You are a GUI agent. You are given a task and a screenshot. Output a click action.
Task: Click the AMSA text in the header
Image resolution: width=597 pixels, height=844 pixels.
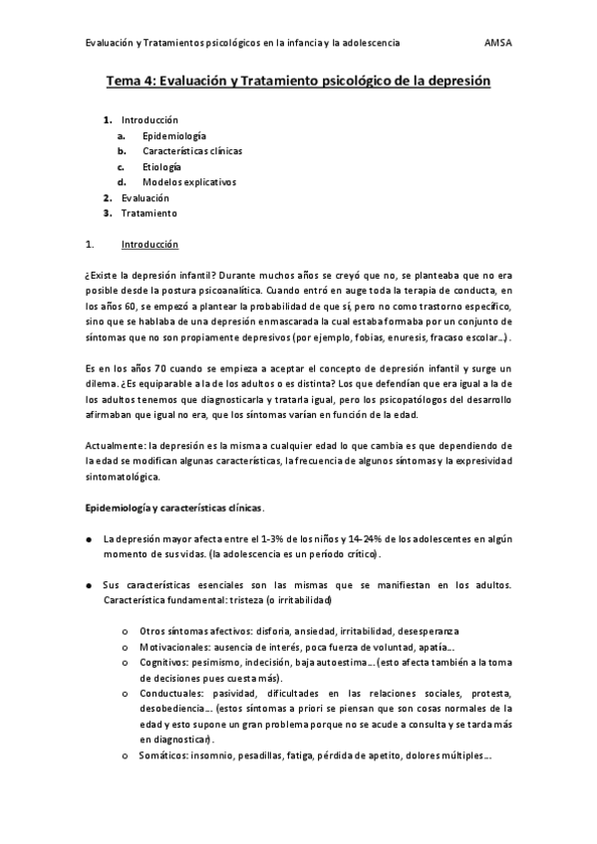(x=497, y=44)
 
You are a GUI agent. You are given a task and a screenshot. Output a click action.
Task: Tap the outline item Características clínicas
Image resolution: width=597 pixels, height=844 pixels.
(x=192, y=151)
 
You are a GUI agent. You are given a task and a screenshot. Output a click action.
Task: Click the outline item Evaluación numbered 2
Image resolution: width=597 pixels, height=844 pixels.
(x=146, y=198)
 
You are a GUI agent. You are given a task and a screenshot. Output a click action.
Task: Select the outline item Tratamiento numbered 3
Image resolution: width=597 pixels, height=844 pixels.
(x=149, y=213)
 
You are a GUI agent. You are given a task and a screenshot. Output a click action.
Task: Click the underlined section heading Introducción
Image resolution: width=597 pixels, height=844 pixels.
(x=149, y=244)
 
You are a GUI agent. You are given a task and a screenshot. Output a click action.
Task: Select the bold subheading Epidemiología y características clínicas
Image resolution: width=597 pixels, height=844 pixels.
(x=173, y=508)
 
